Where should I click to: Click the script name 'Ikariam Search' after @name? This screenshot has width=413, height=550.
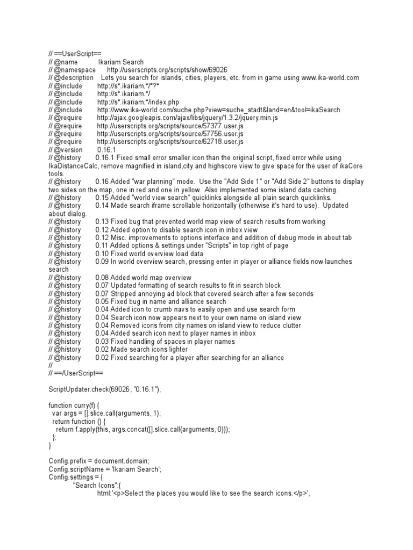point(120,62)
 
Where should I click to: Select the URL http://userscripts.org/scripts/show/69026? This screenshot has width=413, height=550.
point(167,70)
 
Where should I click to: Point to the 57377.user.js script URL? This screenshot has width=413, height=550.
point(170,126)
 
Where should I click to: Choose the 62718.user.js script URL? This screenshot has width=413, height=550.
point(170,142)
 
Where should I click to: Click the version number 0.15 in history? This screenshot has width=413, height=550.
point(103,198)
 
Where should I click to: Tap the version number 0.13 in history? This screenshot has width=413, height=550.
point(103,222)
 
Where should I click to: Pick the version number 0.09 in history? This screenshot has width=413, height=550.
point(103,262)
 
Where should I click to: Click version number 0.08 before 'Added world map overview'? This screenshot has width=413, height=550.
point(103,278)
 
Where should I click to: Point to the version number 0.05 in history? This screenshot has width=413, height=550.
point(103,301)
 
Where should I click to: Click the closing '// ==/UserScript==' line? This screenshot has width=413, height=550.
point(79,373)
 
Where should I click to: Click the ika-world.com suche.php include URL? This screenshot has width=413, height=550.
point(218,110)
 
